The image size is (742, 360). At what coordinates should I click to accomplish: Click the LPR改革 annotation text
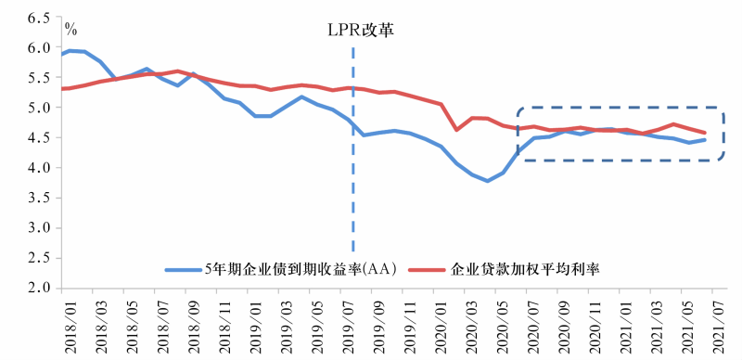point(360,30)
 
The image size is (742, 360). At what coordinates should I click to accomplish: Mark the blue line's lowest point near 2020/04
point(487,181)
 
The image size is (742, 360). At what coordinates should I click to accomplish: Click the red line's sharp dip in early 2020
point(456,129)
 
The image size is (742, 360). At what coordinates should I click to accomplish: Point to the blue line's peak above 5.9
point(70,50)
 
